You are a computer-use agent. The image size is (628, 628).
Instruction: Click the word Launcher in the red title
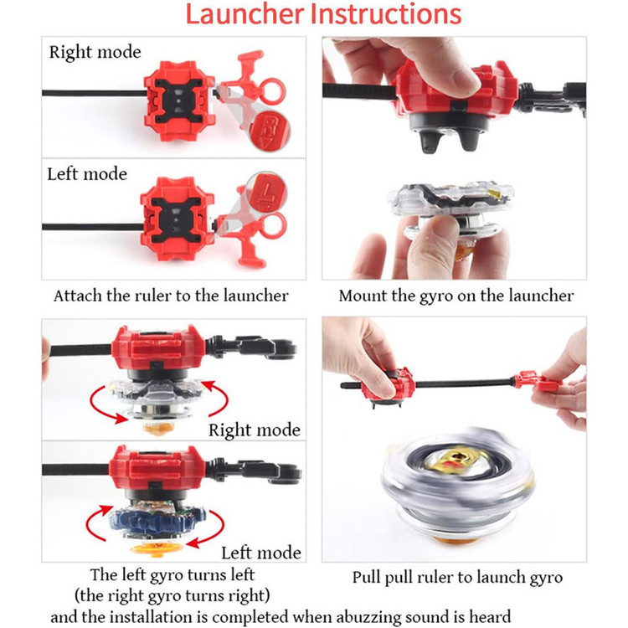[x=245, y=13]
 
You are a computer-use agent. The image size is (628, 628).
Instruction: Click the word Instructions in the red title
[x=386, y=13]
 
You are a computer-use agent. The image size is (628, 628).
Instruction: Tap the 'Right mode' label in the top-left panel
[x=95, y=53]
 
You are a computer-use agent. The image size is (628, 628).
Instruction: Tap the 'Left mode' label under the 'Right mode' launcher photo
[x=87, y=174]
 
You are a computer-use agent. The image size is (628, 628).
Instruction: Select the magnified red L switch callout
[x=266, y=193]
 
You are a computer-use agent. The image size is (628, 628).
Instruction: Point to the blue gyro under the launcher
[x=157, y=521]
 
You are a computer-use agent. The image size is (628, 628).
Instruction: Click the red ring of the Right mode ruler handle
[x=272, y=91]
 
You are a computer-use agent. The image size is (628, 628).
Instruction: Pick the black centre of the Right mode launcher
[x=178, y=101]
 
